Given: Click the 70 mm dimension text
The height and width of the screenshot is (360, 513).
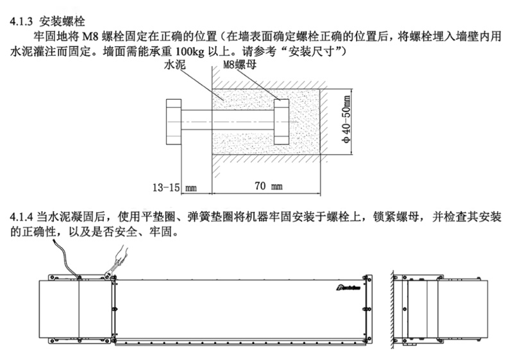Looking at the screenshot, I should point(267,187).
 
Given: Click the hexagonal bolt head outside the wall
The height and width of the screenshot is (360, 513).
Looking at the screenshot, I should point(174,121).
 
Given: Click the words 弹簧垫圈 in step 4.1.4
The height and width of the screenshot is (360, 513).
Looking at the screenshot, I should point(201,216).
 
